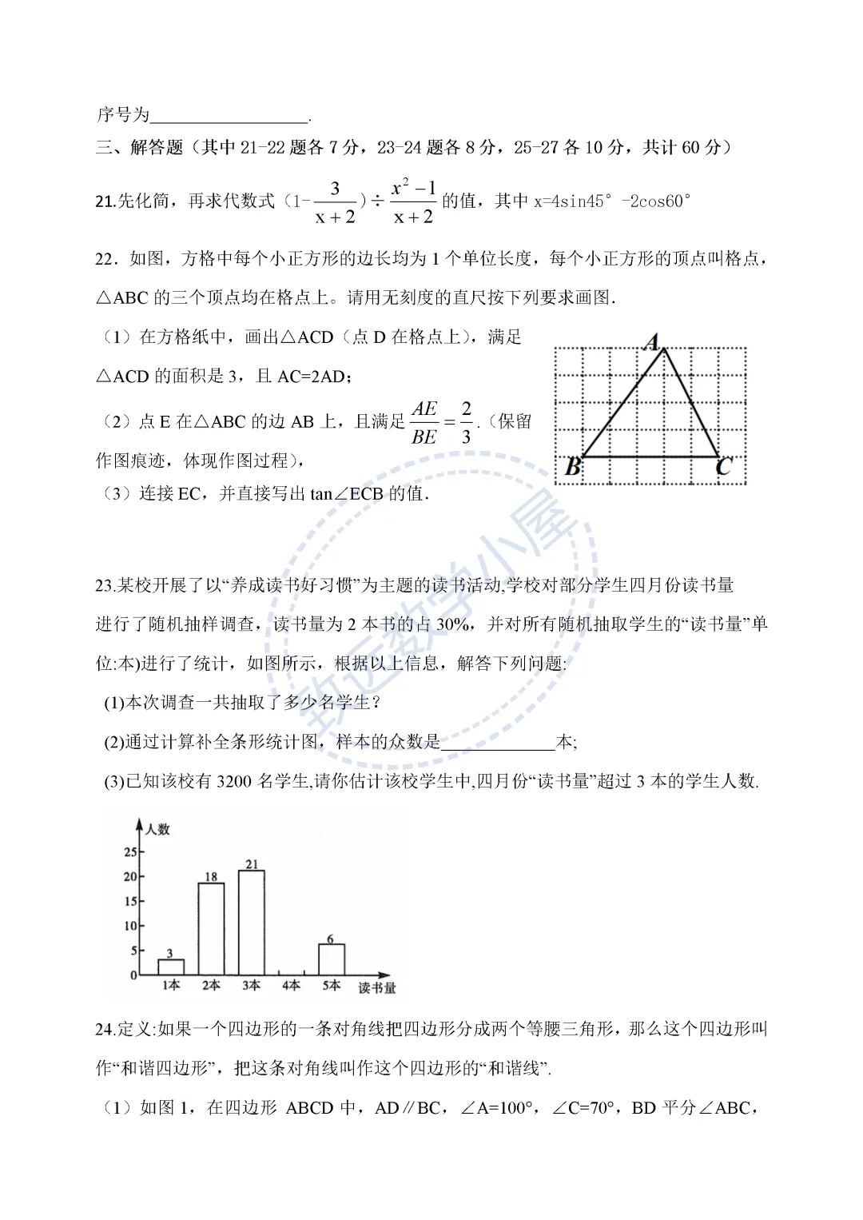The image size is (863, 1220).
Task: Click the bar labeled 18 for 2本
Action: coord(211,928)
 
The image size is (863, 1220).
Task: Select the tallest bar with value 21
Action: coord(251,922)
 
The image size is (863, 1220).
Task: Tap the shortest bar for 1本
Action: coord(171,967)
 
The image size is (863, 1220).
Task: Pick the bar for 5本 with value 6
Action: coord(331,959)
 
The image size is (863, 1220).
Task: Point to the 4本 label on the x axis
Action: coord(291,986)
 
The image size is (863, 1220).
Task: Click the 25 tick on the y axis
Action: coord(130,852)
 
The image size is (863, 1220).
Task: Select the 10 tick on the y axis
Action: coord(130,926)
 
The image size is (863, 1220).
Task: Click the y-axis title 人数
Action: coord(157,829)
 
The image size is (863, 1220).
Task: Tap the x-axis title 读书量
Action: coord(376,988)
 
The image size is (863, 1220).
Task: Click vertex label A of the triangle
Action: coord(652,343)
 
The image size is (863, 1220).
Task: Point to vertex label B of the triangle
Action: coord(573,466)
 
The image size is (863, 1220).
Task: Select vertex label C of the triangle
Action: coord(724,466)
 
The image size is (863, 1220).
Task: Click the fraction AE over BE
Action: coord(424,423)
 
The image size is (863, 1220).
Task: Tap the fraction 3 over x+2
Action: coord(335,202)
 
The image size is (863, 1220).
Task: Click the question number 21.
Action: coord(105,201)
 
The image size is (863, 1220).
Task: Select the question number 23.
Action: coord(105,585)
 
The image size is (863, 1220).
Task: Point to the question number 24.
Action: coord(105,1029)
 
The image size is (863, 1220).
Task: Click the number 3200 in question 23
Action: coord(234,781)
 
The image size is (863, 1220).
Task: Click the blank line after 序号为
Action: coord(229,115)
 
